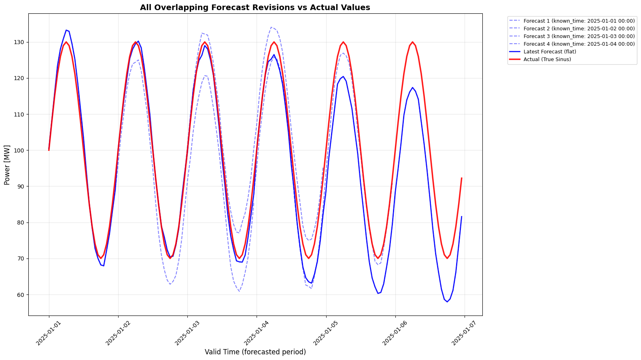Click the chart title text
click(x=255, y=7)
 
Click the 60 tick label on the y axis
click(x=21, y=294)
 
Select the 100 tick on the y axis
click(x=19, y=150)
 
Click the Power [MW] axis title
click(x=7, y=165)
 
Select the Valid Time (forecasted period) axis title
click(x=255, y=352)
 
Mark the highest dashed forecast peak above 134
click(x=271, y=28)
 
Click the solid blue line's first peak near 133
click(x=66, y=30)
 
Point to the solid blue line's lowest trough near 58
click(x=447, y=302)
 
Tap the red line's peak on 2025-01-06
click(x=412, y=42)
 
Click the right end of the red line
click(x=462, y=178)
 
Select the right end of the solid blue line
click(x=462, y=216)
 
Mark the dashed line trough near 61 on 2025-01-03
click(x=239, y=291)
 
